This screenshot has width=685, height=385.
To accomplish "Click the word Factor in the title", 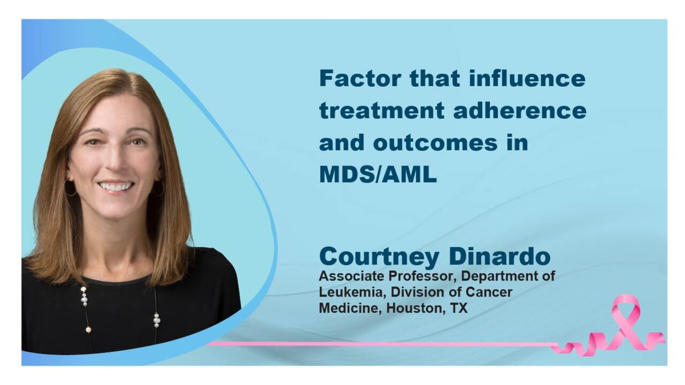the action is coord(360,78).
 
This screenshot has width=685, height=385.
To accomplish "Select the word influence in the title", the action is coord(527,78).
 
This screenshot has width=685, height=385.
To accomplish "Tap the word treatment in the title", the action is coord(382,111).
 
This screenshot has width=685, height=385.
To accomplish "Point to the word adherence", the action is coord(520,110).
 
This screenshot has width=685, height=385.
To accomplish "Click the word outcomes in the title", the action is coord(435,142).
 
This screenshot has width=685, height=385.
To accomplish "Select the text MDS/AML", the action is coord(378,175).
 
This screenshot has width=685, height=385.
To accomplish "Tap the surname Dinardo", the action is coord(500,256).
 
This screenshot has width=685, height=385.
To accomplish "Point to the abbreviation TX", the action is coord(459,308).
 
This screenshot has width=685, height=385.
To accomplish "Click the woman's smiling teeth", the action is coord(116,186).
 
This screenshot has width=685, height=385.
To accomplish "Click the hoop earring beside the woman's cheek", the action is coord(70,188).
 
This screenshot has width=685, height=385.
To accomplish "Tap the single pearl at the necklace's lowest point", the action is coord(88,330).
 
